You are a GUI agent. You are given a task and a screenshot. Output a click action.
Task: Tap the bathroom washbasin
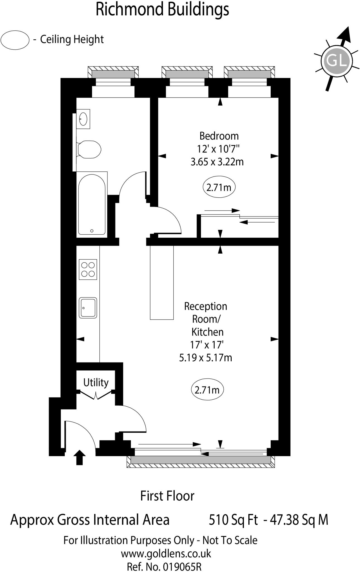click(x=83, y=119)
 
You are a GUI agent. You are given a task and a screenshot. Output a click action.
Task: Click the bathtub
click(x=92, y=204)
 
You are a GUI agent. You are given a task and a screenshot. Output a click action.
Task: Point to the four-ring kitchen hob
click(x=88, y=270)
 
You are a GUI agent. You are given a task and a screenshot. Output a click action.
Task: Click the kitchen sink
click(x=88, y=308)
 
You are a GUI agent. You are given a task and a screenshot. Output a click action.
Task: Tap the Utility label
click(x=96, y=382)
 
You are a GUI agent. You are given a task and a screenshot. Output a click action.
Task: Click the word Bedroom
click(x=219, y=136)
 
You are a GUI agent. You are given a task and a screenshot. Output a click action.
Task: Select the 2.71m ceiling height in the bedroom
click(x=219, y=187)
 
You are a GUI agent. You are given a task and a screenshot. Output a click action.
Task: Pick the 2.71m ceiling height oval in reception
click(x=207, y=390)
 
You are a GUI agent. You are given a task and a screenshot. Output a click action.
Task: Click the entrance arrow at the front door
click(x=80, y=457)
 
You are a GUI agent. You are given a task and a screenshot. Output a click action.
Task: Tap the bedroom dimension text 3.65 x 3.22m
click(x=217, y=162)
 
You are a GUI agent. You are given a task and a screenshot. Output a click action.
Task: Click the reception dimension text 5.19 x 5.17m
click(x=205, y=358)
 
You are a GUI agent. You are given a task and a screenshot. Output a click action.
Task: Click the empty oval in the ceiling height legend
click(x=15, y=40)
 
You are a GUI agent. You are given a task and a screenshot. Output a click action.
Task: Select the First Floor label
click(x=167, y=496)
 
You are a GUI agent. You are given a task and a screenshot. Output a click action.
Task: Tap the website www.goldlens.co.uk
click(x=166, y=553)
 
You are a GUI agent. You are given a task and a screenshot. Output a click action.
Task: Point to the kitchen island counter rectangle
click(x=162, y=282)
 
